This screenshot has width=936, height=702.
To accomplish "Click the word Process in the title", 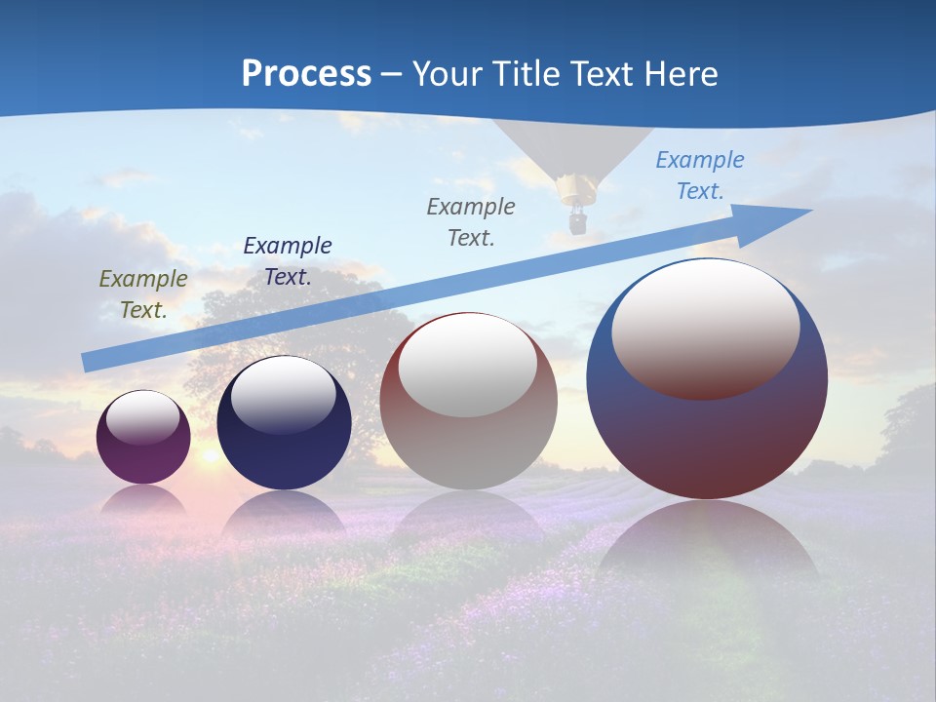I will (x=306, y=74).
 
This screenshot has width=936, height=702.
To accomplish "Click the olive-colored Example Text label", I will (x=143, y=293).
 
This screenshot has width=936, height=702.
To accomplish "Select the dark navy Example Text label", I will (x=288, y=260).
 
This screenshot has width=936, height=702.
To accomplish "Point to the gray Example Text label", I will (x=471, y=221).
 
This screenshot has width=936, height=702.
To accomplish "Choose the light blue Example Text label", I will (x=700, y=175).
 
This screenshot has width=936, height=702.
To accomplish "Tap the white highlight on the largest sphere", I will (x=706, y=327).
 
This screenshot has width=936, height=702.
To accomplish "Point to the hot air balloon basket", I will (x=577, y=222).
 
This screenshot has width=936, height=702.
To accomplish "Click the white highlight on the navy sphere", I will (x=284, y=395).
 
